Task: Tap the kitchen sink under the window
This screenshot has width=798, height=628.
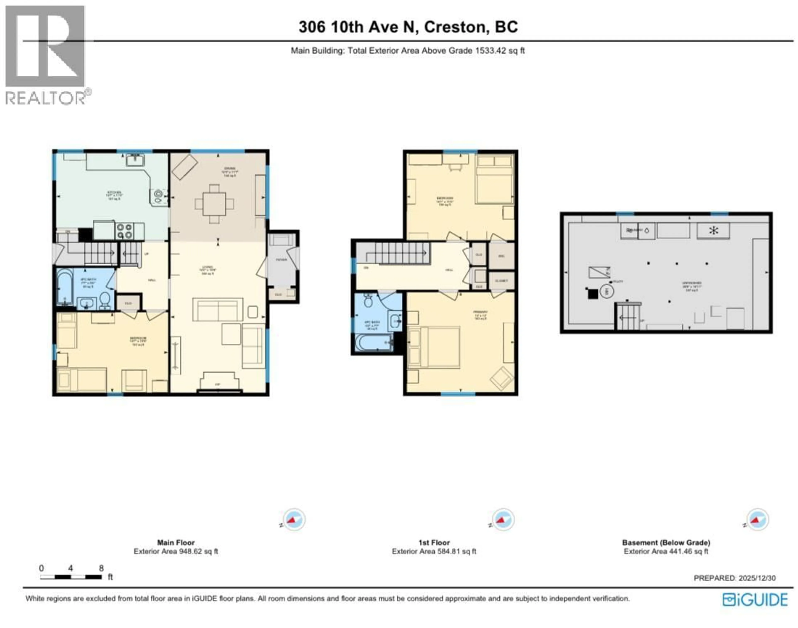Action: point(135,161)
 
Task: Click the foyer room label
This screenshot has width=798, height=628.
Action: point(281,260)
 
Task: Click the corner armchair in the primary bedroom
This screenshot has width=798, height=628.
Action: point(502,378)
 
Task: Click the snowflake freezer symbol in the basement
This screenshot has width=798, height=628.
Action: point(713,231)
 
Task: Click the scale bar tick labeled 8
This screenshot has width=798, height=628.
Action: point(101,568)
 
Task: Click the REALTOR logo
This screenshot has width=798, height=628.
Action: point(46,55)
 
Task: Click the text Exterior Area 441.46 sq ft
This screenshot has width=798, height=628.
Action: point(666,552)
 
